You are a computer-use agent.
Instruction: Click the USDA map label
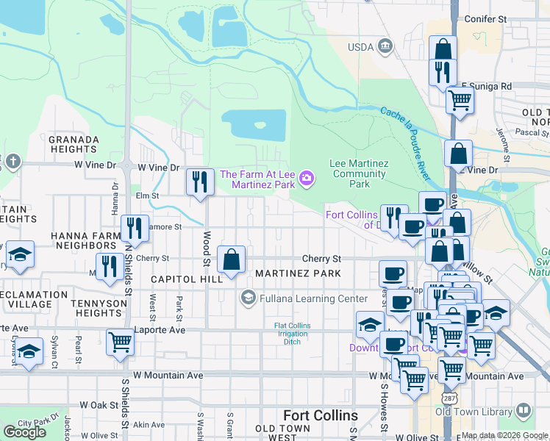362,48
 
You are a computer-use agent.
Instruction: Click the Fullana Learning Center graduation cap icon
248,298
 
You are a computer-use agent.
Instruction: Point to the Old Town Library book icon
524,410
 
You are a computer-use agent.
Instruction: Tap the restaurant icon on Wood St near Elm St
199,182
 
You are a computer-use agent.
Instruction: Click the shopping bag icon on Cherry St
232,259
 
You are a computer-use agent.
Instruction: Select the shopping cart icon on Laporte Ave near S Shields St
120,341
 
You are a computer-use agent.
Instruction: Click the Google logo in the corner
24,432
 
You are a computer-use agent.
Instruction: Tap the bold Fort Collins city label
320,415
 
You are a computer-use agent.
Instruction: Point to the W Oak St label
99,405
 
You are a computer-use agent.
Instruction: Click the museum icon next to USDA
385,48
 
